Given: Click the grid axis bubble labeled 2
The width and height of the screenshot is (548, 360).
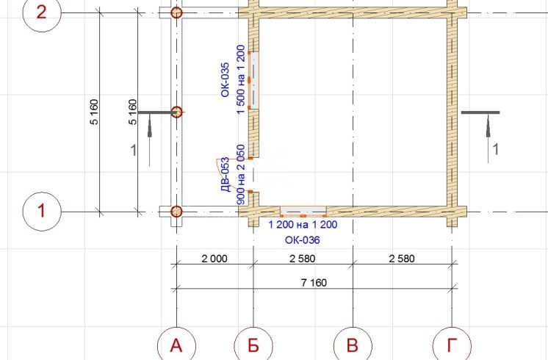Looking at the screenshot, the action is pos(42,13).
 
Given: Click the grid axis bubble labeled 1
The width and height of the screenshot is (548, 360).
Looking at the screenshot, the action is pos(42,212).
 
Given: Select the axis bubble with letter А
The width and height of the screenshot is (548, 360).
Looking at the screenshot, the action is pos(176,345).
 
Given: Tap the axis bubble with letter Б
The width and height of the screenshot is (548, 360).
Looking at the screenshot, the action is pos(253,345).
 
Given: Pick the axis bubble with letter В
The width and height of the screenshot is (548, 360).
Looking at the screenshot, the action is pos(353,345).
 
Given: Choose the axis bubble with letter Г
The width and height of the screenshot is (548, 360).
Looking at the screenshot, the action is pos(452,345).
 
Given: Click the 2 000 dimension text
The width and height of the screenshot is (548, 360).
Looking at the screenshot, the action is pos(214,259).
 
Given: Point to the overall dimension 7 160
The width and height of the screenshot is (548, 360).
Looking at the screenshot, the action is pos(314,282).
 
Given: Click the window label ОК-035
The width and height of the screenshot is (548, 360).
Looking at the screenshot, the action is pos(225,79).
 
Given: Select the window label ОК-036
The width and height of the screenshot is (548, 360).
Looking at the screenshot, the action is pos(303,240).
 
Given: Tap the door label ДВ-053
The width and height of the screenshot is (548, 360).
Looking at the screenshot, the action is pos(226,175).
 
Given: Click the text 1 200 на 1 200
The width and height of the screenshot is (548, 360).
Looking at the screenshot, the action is pos(303,224).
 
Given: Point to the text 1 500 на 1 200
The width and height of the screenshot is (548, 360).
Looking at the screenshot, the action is pos(240,79).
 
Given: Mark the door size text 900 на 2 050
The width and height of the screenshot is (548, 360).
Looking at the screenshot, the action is pos(241,175).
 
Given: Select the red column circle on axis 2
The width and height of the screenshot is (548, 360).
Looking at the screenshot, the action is pos(176,13).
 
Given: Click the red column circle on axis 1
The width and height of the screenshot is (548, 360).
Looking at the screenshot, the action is pos(176,212).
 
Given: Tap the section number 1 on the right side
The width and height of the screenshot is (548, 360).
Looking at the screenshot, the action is pos(496,149).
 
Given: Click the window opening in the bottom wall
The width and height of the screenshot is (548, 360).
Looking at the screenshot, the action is pos(303,211).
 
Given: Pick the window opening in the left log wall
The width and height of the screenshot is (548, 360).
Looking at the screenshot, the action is pos(253,80).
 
